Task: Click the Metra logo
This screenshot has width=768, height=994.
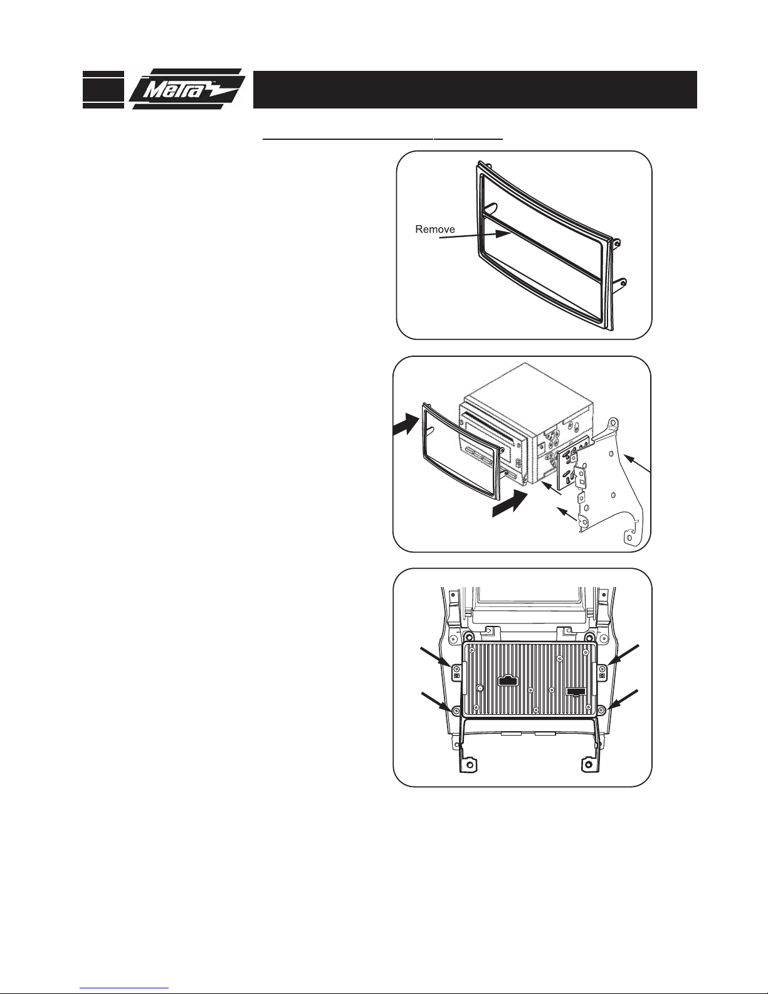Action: pyautogui.click(x=187, y=89)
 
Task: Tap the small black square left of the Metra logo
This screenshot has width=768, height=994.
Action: pyautogui.click(x=103, y=90)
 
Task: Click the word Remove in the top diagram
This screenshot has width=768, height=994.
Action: pyautogui.click(x=434, y=229)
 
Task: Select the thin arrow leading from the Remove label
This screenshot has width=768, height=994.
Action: pyautogui.click(x=472, y=235)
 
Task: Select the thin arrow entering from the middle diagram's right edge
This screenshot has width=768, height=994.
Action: pyautogui.click(x=637, y=463)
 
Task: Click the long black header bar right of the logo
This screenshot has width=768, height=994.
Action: pyautogui.click(x=475, y=90)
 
